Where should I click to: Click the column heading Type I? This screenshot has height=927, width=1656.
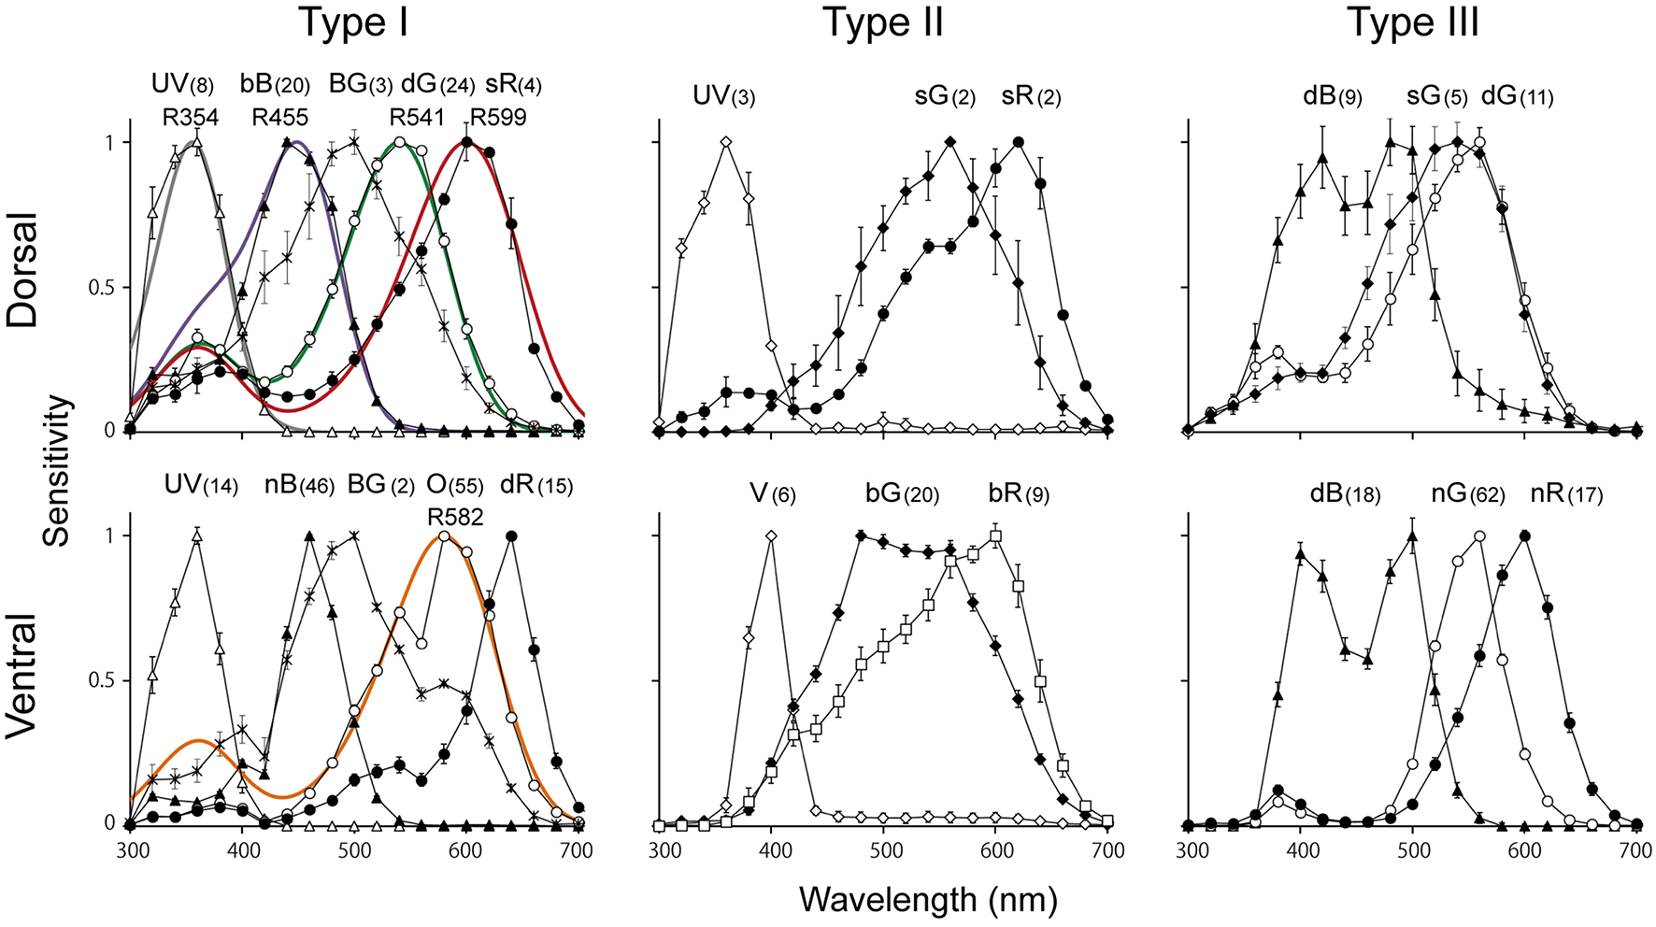pos(353,22)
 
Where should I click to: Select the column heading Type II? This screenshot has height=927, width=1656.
pos(882,22)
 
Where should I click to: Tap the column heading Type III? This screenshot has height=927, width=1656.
pos(1412,22)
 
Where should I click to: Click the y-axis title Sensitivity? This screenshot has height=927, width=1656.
pos(57,470)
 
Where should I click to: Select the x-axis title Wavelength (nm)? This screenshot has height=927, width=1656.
pos(928,900)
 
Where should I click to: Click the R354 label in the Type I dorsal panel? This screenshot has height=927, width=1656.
pos(191,118)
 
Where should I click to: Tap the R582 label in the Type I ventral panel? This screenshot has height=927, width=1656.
pos(455,517)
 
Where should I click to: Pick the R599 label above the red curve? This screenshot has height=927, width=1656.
pos(498,118)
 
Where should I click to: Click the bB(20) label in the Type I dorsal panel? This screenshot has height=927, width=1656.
pos(275,86)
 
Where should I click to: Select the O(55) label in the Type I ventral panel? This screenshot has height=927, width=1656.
pos(455,486)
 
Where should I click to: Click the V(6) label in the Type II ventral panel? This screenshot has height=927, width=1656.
pos(772,493)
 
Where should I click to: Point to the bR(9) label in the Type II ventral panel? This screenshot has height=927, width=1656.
pos(1019,493)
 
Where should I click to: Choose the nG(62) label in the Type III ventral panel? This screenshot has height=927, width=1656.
pos(1467,493)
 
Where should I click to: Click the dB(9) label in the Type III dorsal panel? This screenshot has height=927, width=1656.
pos(1332,96)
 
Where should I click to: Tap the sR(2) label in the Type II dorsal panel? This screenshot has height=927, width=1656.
pos(1031,96)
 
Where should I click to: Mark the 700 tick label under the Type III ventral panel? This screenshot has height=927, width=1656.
pos(1635,851)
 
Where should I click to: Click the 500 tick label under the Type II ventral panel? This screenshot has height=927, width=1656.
pos(883,851)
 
